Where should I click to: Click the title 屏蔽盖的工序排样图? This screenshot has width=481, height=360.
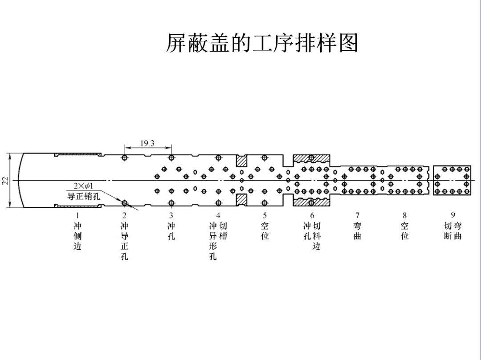(x=262, y=43)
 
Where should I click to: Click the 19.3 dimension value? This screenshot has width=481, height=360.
(x=147, y=143)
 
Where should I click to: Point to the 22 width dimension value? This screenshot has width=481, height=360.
(x=5, y=180)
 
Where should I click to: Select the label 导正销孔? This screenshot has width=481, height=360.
(x=81, y=196)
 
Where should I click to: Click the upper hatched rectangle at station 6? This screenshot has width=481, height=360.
(x=311, y=158)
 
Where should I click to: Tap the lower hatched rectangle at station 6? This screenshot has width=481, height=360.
(x=311, y=202)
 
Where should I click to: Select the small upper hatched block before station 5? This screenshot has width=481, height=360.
(x=241, y=161)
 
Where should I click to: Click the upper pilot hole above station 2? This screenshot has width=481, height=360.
(x=125, y=158)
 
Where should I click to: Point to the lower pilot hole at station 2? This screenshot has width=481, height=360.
(x=125, y=203)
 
